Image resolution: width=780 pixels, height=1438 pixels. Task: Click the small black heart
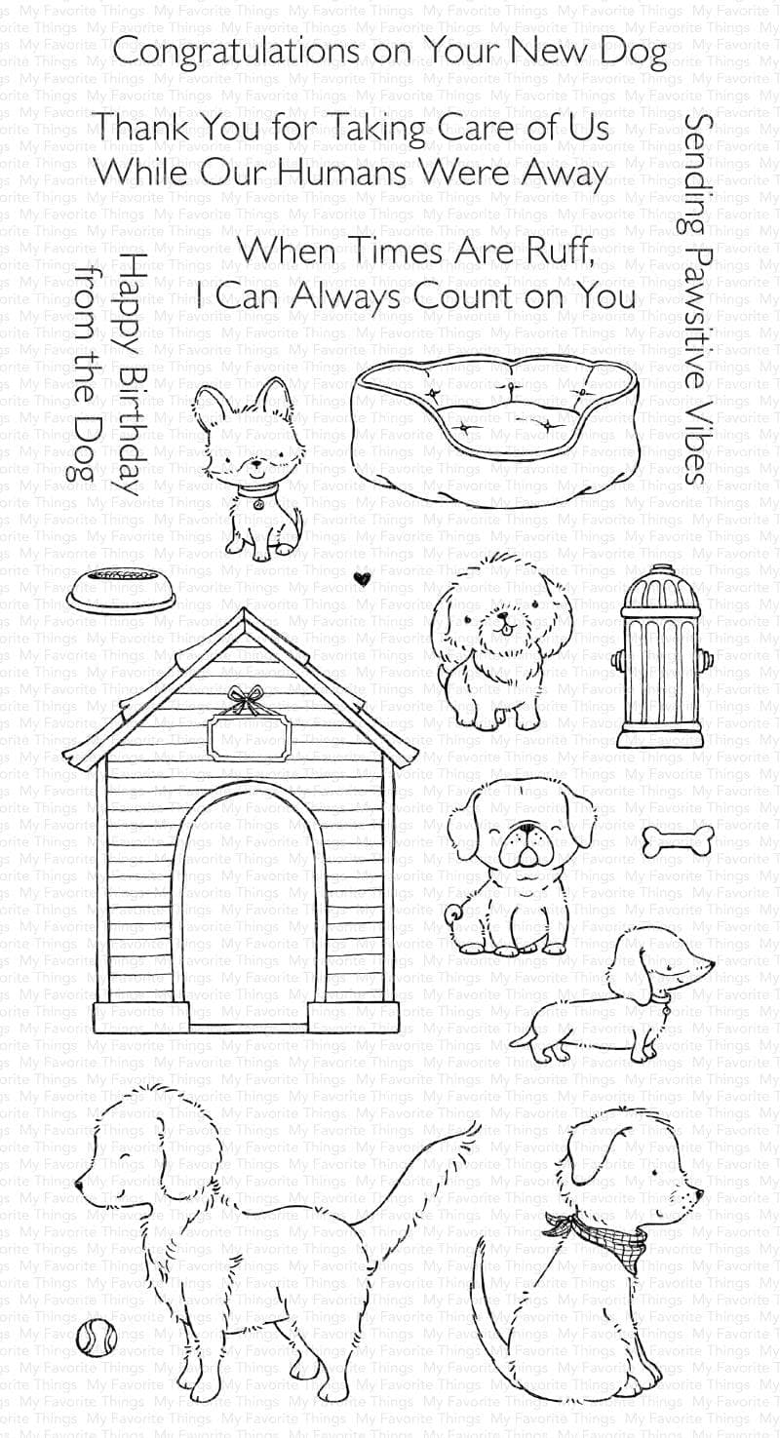tap(362, 578)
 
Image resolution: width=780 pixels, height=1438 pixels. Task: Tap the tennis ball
tap(97, 1337)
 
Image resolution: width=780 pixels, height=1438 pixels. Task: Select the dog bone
tap(678, 838)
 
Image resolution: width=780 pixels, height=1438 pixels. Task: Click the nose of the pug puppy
tap(526, 830)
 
